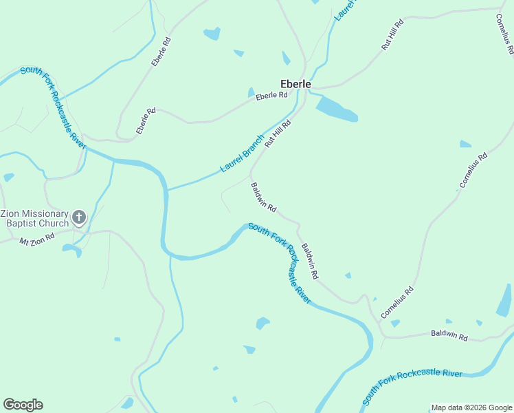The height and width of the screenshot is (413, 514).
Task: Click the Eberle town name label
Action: pyautogui.click(x=295, y=84)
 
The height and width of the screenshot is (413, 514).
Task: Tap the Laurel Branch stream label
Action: pyautogui.click(x=242, y=153)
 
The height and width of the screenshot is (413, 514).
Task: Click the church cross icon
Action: pyautogui.click(x=79, y=218)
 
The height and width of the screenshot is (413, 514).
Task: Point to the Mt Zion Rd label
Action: pyautogui.click(x=37, y=242)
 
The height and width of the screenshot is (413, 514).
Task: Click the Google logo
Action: pyautogui.click(x=23, y=405)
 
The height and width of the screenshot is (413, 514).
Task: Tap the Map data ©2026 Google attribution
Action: pyautogui.click(x=471, y=407)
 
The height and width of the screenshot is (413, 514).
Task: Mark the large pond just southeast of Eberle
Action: pyautogui.click(x=337, y=109)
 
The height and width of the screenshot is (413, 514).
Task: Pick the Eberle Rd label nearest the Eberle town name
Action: pyautogui.click(x=271, y=96)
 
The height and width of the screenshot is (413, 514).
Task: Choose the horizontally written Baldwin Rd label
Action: pyautogui.click(x=449, y=335)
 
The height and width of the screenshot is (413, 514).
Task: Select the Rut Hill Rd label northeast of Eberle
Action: pyautogui.click(x=392, y=34)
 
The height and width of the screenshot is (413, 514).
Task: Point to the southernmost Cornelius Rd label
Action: pyautogui.click(x=398, y=301)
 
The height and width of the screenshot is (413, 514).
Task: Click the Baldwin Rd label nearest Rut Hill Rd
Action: pyautogui.click(x=263, y=197)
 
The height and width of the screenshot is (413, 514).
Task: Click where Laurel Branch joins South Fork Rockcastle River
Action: pyautogui.click(x=167, y=190)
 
